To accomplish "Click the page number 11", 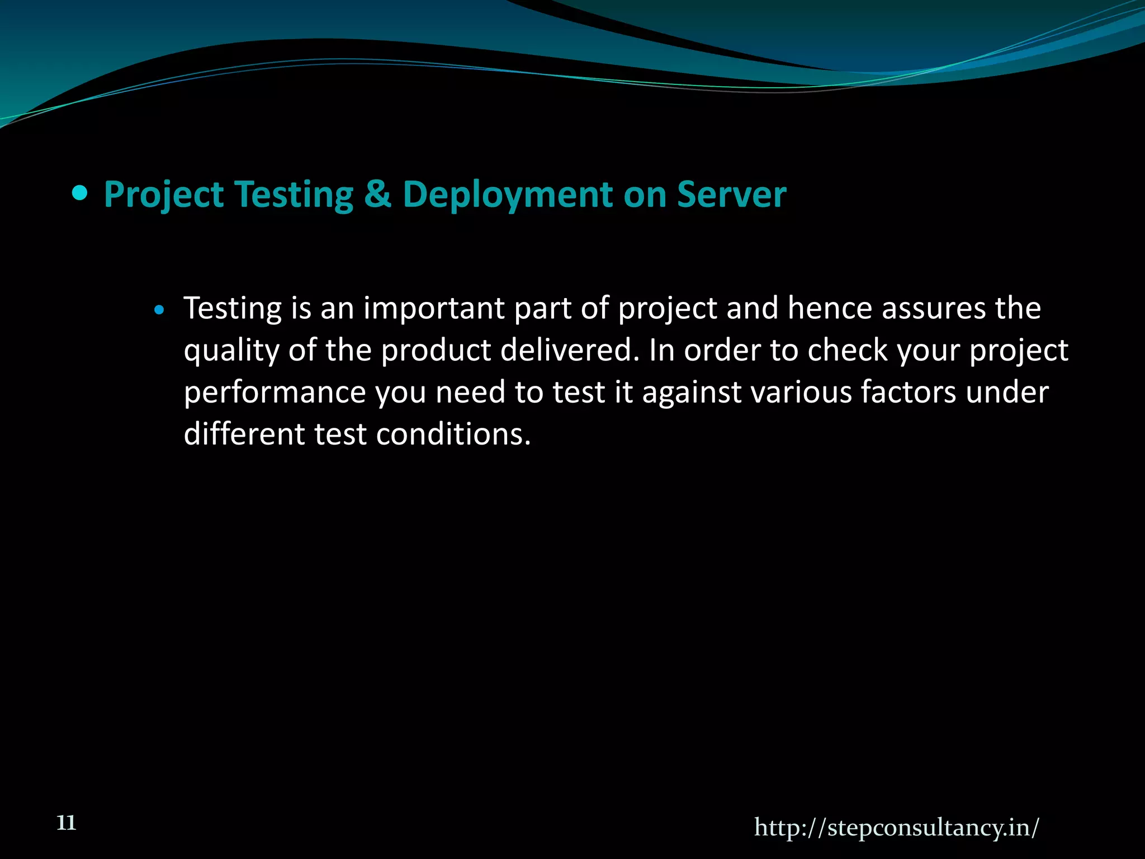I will pyautogui.click(x=67, y=823).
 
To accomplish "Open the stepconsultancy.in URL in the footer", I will pyautogui.click(x=896, y=827).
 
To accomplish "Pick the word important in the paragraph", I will pyautogui.click(x=434, y=309).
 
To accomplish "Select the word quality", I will pyautogui.click(x=231, y=351).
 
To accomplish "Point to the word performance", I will pyautogui.click(x=275, y=393).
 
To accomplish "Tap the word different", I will pyautogui.click(x=244, y=434).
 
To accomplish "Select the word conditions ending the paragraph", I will pyautogui.click(x=453, y=434).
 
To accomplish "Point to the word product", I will pyautogui.click(x=436, y=351).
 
